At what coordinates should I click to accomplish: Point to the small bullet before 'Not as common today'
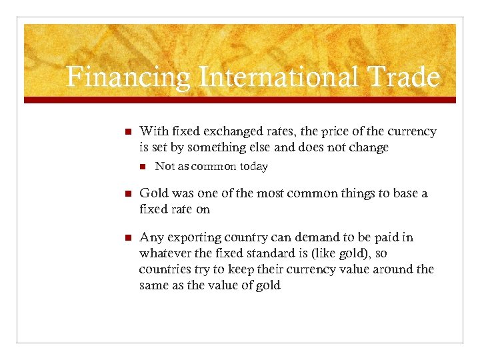pos(141,167)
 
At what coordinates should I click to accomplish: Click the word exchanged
pos(221,131)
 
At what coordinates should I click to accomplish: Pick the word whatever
pos(166,253)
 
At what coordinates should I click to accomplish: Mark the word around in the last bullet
pos(389,269)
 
